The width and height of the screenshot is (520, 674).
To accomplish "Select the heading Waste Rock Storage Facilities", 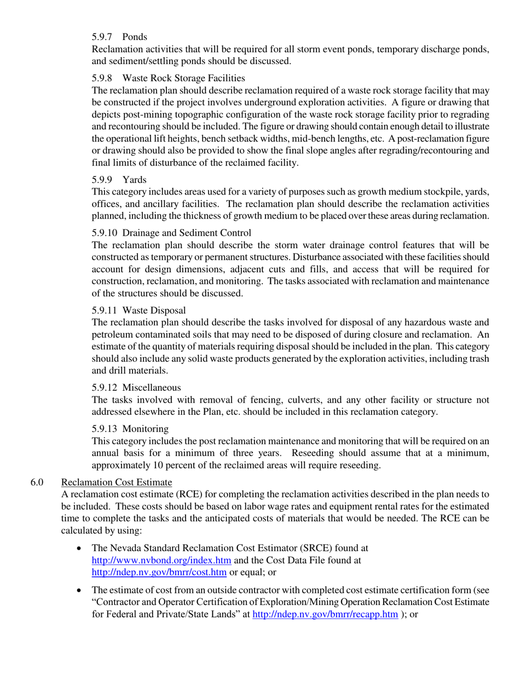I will click(x=183, y=78).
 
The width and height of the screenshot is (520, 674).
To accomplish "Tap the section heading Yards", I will click(x=134, y=179).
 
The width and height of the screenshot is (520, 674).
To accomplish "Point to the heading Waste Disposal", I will click(x=154, y=310).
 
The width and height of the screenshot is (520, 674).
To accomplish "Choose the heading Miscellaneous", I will click(x=152, y=387).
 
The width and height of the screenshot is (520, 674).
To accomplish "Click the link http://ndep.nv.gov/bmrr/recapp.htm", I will click(x=325, y=614).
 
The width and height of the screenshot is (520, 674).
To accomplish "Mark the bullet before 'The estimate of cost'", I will click(x=81, y=590).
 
